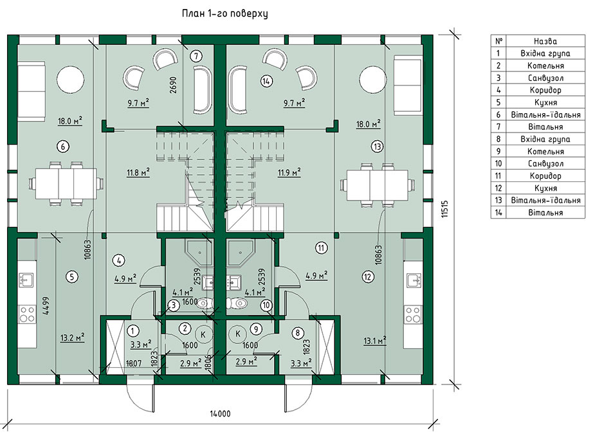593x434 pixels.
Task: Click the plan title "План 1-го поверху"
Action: coord(224,14)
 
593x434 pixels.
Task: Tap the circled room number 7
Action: coord(196,57)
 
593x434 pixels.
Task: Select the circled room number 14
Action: coord(267,81)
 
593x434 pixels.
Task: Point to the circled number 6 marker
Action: coord(63,146)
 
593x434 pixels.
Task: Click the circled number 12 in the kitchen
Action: coord(368,276)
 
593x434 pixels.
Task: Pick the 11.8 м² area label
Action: coord(138,173)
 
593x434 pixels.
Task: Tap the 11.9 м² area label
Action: coord(289,173)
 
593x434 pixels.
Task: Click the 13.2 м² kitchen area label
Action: coord(72,337)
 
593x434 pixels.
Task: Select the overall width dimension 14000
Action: coord(220,413)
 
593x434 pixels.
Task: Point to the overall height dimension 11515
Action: coord(445,208)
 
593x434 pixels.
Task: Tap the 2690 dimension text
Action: coord(174,86)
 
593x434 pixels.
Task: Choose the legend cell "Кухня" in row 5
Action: coord(545,102)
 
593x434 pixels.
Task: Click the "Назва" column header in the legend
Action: coord(545,41)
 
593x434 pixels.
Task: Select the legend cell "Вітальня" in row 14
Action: coord(545,212)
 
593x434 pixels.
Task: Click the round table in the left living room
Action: coord(70,78)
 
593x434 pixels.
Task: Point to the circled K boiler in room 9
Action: coord(238,334)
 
